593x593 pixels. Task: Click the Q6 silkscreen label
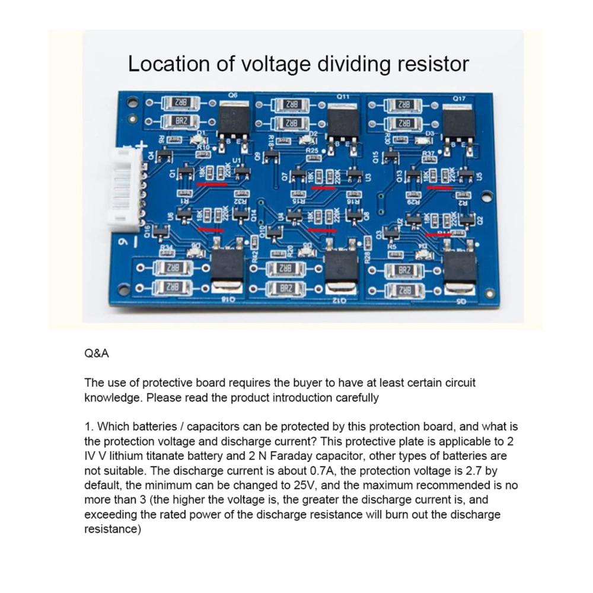(x=232, y=95)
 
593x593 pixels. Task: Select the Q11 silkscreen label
(x=343, y=96)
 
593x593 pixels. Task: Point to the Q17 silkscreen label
(x=459, y=98)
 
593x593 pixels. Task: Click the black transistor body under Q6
(x=234, y=120)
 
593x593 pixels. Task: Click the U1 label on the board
(x=237, y=160)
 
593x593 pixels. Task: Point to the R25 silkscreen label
(x=313, y=151)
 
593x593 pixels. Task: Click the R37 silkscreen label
(x=428, y=154)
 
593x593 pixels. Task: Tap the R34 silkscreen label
(x=167, y=248)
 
